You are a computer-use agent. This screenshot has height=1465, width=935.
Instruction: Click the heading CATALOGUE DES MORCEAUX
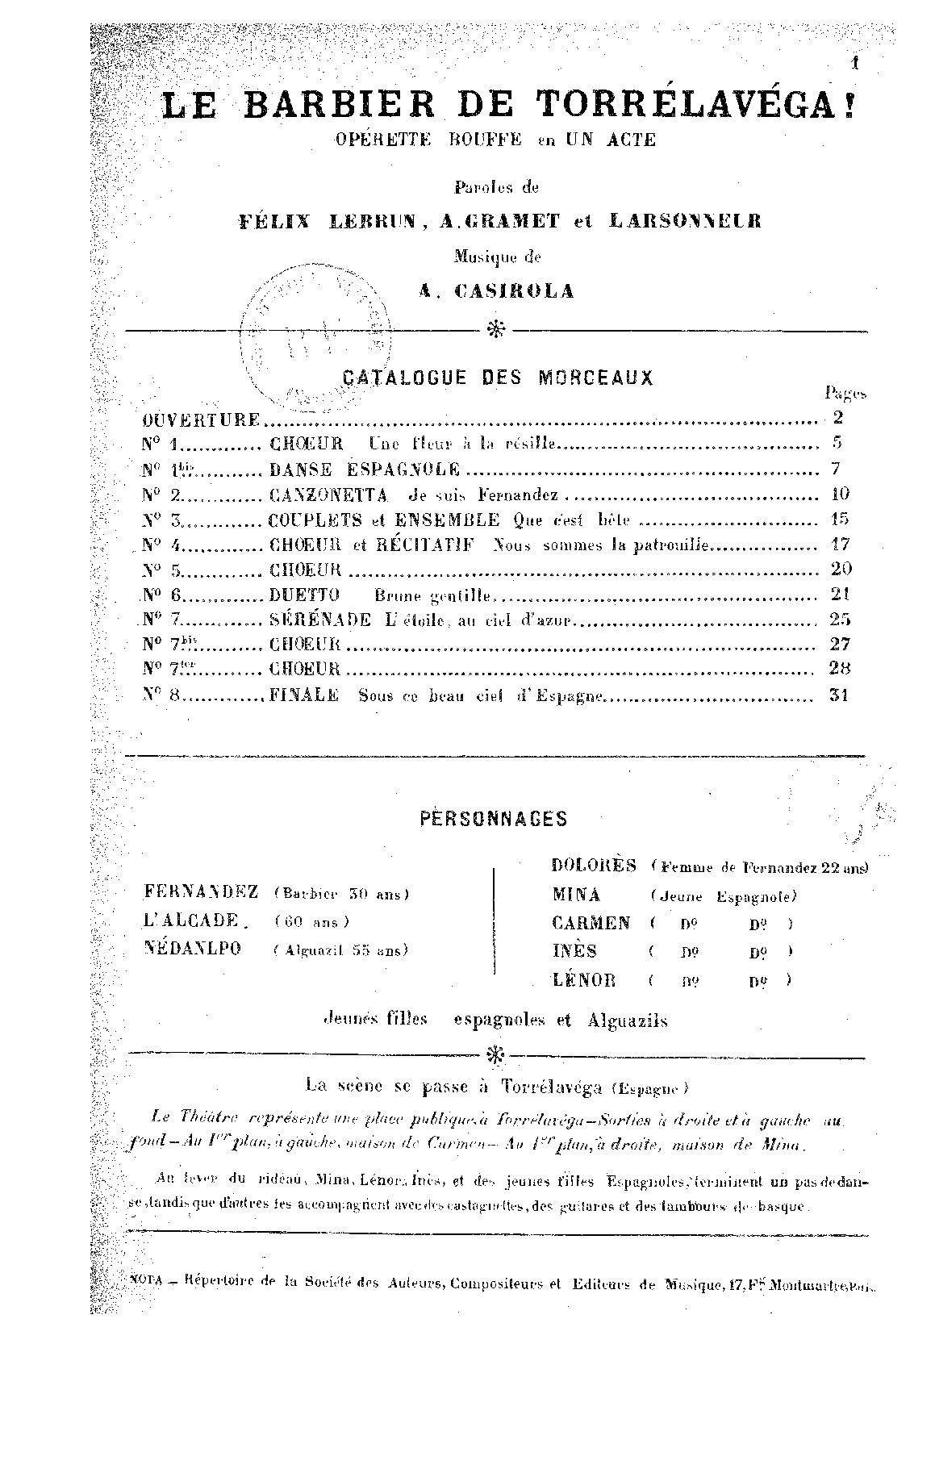[x=498, y=378]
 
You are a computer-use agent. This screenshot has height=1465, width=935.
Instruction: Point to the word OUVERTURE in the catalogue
[x=202, y=420]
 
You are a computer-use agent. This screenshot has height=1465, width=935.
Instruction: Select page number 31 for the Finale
[x=839, y=695]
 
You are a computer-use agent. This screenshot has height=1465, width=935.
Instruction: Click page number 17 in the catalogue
[x=839, y=545]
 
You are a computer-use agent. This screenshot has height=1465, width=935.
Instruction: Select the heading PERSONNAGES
[x=494, y=819]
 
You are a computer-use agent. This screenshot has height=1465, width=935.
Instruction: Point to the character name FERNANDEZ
[x=202, y=892]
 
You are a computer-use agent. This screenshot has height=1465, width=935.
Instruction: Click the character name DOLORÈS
[x=595, y=865]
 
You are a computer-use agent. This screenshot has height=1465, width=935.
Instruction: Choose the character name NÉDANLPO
[x=192, y=949]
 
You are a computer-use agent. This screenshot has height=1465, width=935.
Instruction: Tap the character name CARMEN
[x=591, y=923]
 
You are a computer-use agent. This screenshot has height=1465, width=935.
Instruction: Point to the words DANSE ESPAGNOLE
[x=365, y=470]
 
